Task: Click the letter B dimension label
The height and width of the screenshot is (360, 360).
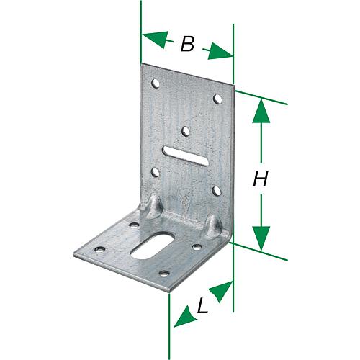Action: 187,44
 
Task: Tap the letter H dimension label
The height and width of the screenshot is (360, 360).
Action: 261,179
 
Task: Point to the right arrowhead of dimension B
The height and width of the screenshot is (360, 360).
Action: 220,52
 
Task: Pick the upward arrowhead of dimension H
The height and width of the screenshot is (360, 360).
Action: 261,112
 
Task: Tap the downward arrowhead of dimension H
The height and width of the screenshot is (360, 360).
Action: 261,238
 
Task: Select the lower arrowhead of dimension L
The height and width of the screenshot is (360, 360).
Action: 184,318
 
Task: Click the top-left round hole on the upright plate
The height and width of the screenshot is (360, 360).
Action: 156,84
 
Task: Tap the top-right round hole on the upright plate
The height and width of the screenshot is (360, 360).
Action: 217,99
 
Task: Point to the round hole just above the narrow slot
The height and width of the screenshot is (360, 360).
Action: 185,131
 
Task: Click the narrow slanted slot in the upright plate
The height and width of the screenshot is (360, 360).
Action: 185,156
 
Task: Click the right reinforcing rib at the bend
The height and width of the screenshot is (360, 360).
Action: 214,225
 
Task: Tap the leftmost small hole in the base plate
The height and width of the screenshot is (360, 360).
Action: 99,249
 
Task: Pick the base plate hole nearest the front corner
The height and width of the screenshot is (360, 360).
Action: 164,273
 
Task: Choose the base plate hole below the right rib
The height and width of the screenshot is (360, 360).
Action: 197,246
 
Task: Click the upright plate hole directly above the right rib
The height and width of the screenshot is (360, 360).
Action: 217,191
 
